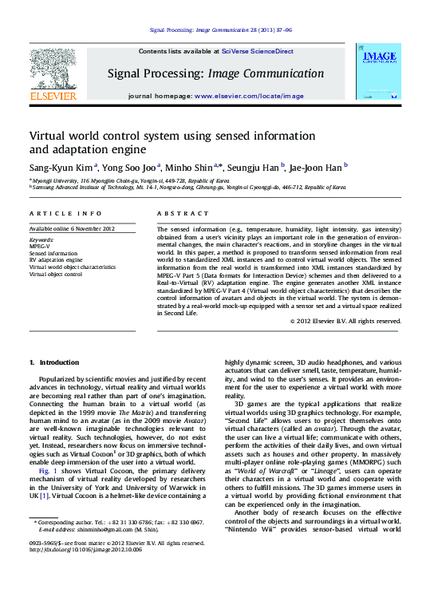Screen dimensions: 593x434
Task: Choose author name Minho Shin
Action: pos(189,168)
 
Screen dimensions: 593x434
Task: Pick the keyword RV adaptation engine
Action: pos(56,259)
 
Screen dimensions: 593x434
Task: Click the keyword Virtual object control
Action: pos(56,274)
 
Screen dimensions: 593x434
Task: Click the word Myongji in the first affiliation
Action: pos(45,182)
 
